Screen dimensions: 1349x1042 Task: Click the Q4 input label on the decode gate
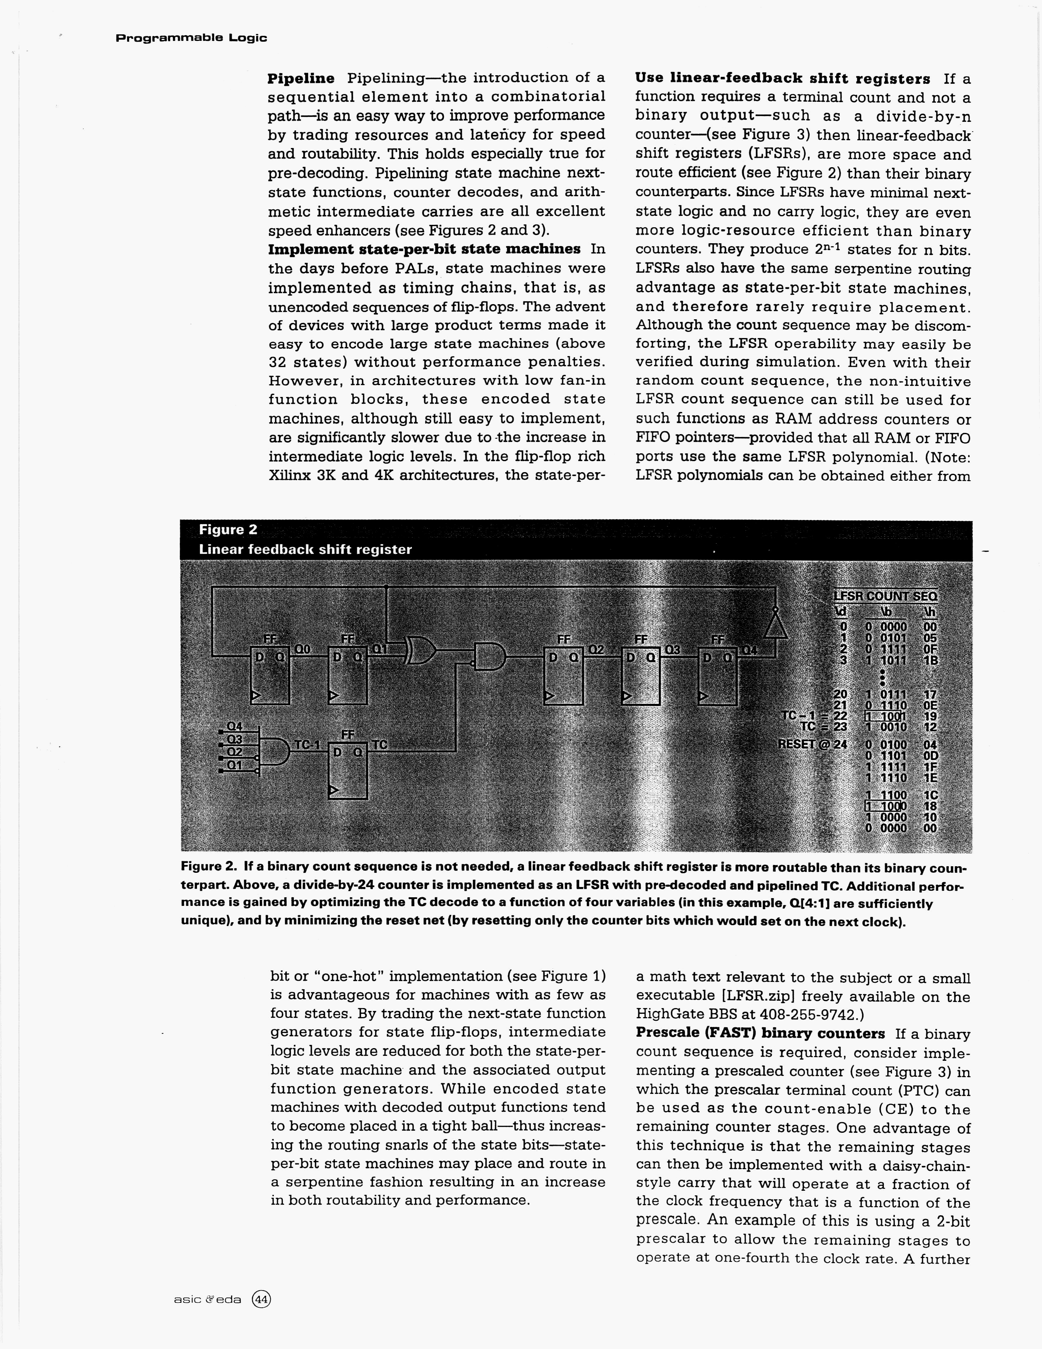point(235,726)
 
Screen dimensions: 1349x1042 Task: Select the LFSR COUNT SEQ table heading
point(885,596)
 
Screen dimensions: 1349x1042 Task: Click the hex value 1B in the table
point(930,660)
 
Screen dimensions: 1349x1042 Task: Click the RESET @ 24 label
point(812,744)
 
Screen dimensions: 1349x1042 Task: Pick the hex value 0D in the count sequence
point(930,755)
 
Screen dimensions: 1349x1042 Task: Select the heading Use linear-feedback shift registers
point(782,78)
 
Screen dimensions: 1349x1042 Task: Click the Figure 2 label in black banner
point(228,529)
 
